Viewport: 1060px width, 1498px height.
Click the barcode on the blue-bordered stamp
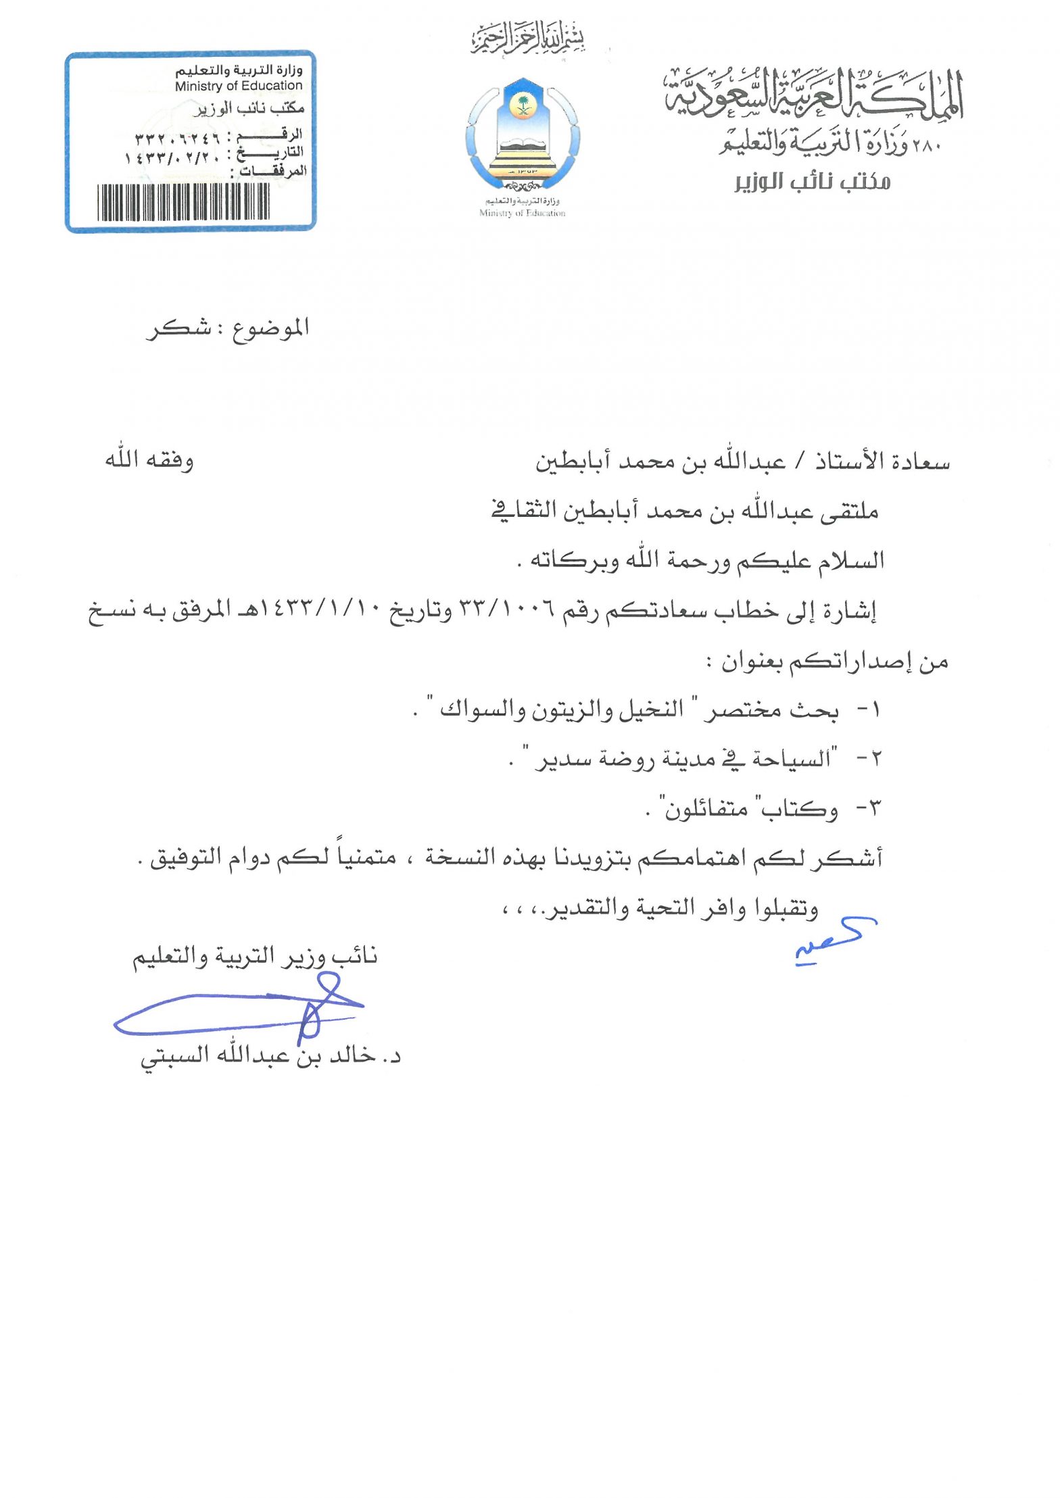tap(183, 202)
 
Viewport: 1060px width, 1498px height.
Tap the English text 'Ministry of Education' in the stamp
tap(239, 86)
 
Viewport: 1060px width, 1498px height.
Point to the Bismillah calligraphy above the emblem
tap(528, 39)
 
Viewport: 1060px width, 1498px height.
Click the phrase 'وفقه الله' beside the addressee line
tap(149, 460)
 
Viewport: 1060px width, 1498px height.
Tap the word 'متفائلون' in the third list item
tap(706, 809)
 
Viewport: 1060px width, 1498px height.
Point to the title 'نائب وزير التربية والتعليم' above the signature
tap(255, 956)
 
